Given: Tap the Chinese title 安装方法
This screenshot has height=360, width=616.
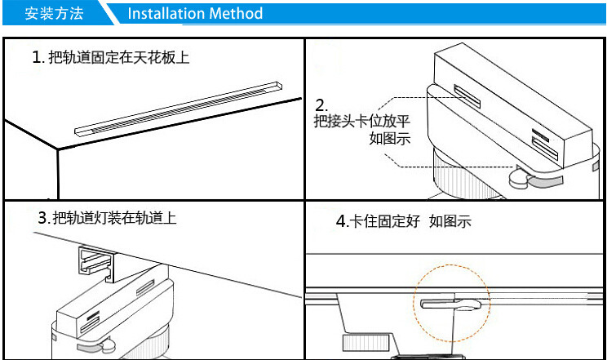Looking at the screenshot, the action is coord(54,13).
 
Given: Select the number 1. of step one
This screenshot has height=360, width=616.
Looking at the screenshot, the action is coord(38,57).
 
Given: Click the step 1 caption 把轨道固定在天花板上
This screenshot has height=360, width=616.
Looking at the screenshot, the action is coord(119,57).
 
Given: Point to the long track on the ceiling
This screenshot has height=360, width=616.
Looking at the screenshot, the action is coord(179,109).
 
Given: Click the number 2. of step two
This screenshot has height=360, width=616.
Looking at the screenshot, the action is coord(321,105).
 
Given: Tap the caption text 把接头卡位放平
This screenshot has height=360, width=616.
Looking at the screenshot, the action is coord(361,121).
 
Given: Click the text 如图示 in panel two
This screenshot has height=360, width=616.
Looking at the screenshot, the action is coord(390,138).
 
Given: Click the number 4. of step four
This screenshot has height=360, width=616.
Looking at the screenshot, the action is coord(342,221).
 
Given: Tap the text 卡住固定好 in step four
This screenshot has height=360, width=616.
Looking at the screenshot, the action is coord(384,221).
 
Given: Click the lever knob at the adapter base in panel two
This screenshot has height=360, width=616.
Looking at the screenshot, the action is coord(520,179).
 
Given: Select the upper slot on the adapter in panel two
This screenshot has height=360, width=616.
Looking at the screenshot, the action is coord(468,96).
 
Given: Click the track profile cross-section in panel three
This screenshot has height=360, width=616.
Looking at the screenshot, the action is coord(96,264).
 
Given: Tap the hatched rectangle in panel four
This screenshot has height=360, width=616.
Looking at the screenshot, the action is coord(366,342).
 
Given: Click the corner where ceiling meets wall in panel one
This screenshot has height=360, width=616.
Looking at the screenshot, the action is coord(58,149).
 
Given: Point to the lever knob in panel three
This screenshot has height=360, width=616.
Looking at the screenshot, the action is coord(108,345).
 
